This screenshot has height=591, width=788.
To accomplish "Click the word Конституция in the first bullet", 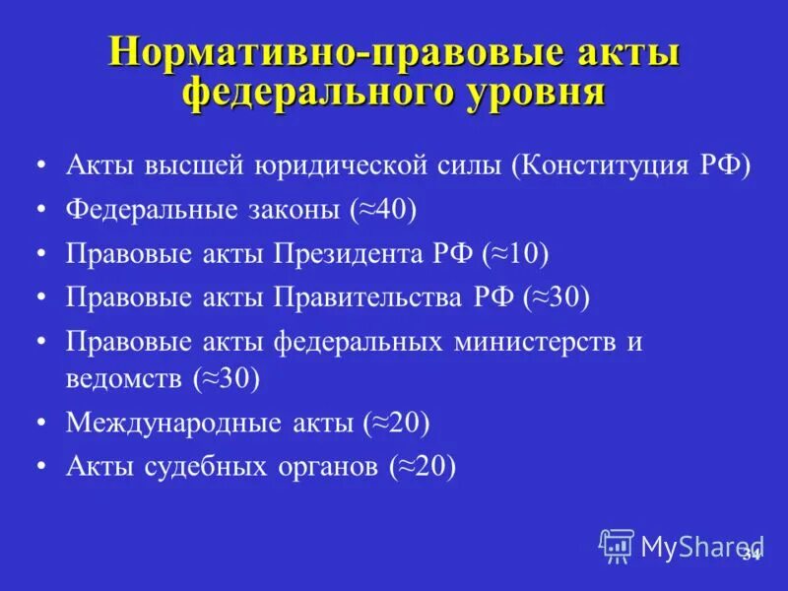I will tap(606, 164).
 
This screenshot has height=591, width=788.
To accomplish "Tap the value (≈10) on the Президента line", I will tap(514, 253).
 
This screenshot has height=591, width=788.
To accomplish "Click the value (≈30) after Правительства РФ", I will tap(556, 297).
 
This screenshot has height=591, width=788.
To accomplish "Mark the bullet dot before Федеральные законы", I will tap(40, 210).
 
